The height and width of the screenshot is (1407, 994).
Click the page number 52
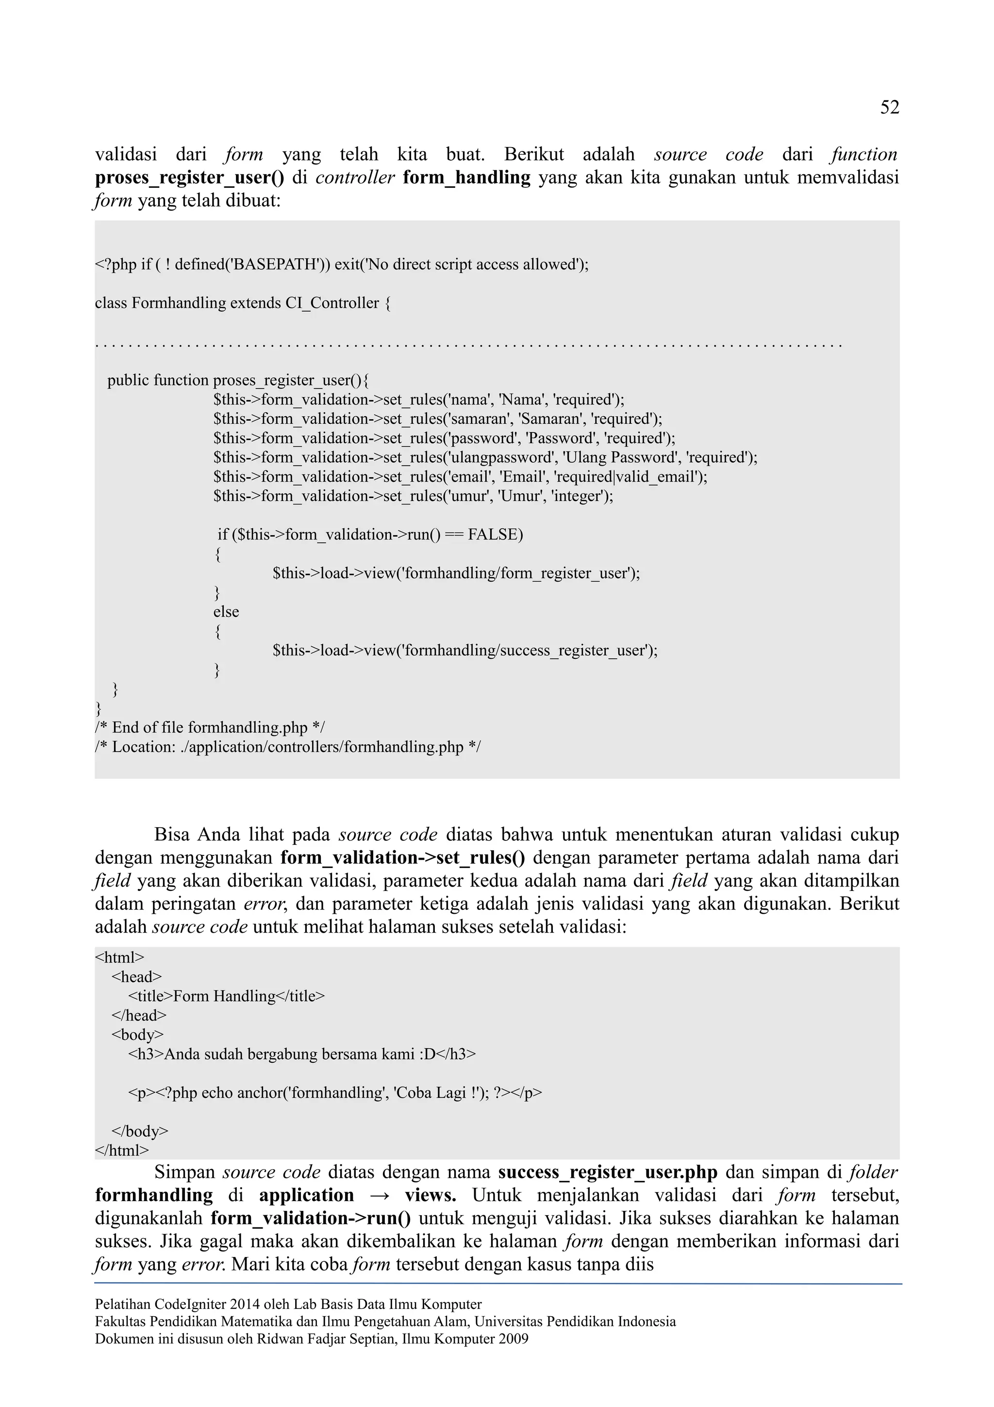(x=889, y=108)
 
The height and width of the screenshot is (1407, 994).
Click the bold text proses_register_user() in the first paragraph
(x=189, y=178)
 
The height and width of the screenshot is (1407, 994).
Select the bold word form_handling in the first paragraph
(x=467, y=178)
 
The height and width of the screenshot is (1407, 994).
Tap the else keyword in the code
(x=226, y=612)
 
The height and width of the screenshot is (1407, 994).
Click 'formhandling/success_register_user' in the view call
(x=524, y=650)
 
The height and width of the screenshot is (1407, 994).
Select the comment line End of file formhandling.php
(x=210, y=727)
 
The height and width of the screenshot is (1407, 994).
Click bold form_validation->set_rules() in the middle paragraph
(x=402, y=858)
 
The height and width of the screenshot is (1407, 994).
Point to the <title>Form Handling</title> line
(x=227, y=996)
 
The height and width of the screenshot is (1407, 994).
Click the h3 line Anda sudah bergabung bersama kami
(x=301, y=1054)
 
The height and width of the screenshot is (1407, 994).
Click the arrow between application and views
(x=380, y=1196)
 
